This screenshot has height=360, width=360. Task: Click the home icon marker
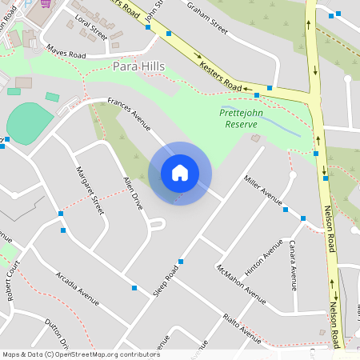[x=179, y=173]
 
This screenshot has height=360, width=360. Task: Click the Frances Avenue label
[x=130, y=113]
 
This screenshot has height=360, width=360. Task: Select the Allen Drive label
[x=133, y=194]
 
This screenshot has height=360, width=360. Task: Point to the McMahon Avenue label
[x=240, y=284]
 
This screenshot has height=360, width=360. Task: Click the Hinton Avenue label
[x=263, y=258]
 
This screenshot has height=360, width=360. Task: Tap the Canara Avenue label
[x=293, y=264]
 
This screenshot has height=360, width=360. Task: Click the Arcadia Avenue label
[x=77, y=289]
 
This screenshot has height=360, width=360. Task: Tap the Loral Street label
[x=90, y=31]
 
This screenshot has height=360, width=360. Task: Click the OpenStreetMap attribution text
[x=80, y=354]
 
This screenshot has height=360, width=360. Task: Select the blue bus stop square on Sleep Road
[x=181, y=262]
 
